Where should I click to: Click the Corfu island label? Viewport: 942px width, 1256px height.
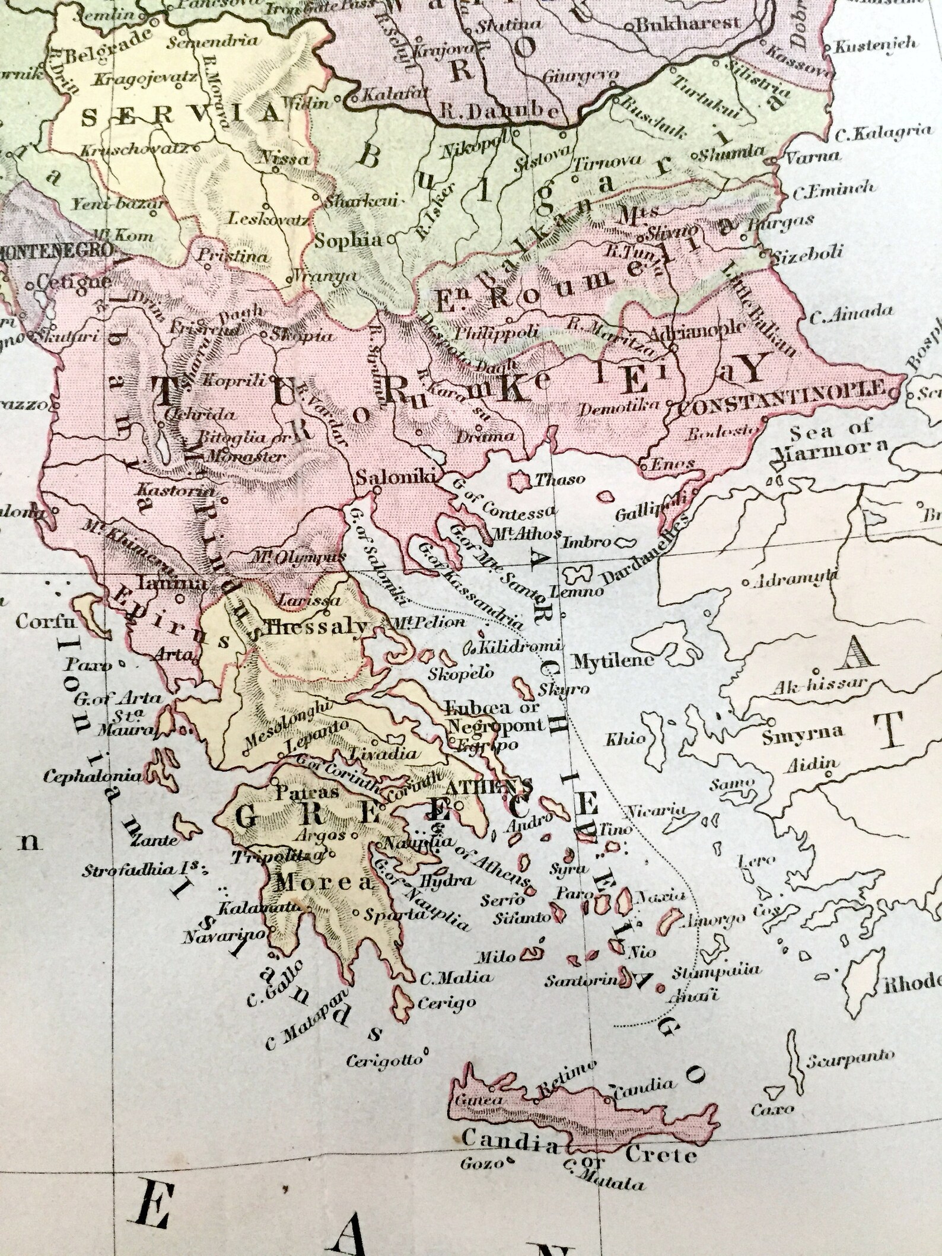tap(38, 623)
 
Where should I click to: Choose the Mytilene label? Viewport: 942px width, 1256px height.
tap(611, 661)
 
